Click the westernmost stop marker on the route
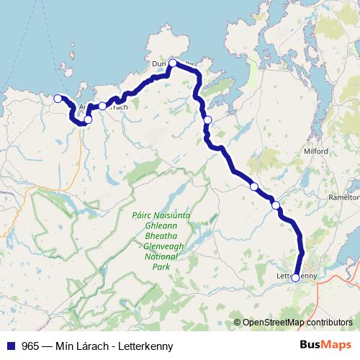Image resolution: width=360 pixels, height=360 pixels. [58, 99]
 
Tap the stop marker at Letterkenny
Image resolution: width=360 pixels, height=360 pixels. [296, 277]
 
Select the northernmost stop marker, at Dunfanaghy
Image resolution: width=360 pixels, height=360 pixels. [173, 63]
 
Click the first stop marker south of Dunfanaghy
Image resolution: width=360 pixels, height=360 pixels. [207, 120]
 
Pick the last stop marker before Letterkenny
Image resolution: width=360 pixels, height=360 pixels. [276, 205]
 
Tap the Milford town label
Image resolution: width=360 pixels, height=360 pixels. [316, 152]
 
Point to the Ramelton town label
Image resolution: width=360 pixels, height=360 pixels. [343, 197]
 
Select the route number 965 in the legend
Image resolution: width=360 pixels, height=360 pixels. [30, 346]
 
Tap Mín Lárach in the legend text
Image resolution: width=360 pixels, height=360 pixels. [80, 346]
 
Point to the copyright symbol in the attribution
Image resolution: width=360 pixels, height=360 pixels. [237, 323]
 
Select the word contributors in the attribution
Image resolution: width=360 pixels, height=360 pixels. [328, 323]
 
